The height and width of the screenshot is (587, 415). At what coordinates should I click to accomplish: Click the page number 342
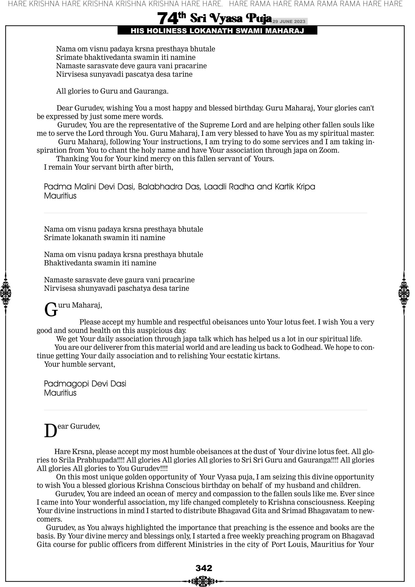tap(204, 568)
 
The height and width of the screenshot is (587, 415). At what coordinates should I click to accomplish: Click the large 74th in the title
tap(171, 18)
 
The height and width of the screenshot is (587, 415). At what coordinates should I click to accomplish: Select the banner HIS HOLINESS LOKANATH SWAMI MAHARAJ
tap(217, 31)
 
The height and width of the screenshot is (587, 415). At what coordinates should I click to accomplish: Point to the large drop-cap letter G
tap(51, 310)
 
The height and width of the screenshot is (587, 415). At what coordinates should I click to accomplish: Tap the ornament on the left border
tap(6, 293)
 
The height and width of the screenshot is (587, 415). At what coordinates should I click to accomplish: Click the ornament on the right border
tap(404, 293)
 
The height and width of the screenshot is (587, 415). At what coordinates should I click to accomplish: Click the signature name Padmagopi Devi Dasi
tap(85, 384)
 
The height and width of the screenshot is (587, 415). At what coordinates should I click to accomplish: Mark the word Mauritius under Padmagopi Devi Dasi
tap(60, 393)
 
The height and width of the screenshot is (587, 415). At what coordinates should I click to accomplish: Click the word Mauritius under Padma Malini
tap(60, 196)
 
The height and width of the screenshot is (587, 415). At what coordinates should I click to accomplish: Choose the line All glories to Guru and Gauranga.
tap(112, 91)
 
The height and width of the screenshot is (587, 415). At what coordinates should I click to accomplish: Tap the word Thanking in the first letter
tap(72, 159)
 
